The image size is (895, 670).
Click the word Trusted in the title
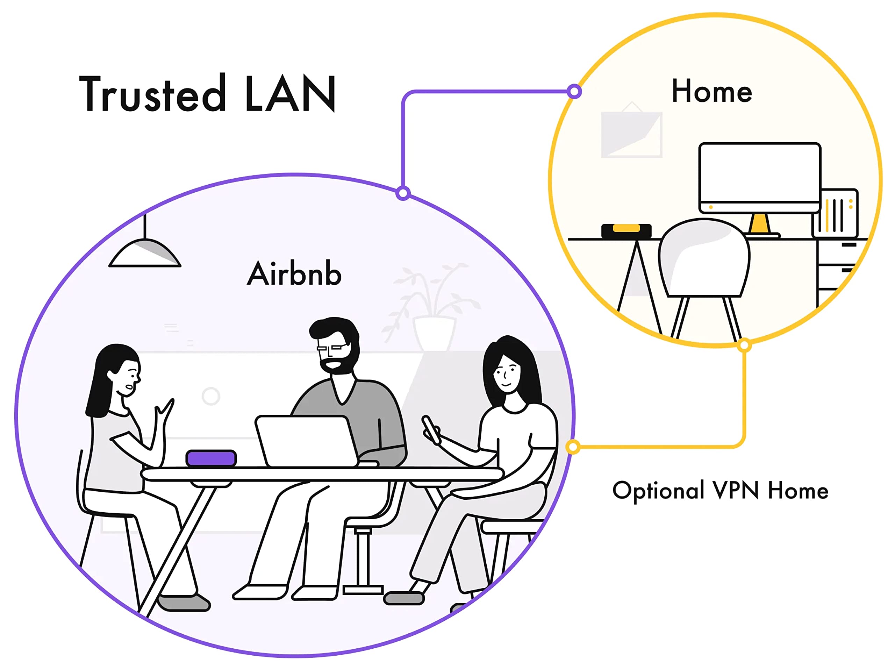tap(152, 94)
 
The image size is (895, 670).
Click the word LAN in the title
tap(290, 94)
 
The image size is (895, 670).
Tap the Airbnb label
tap(294, 274)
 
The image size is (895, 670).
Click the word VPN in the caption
tap(735, 490)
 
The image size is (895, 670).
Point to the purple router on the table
tap(211, 458)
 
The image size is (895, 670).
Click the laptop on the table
tap(306, 441)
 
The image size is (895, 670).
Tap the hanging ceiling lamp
tap(145, 253)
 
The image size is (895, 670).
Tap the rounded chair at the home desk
tap(704, 259)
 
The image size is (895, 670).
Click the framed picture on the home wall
tap(631, 134)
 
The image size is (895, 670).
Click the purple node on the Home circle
tap(574, 91)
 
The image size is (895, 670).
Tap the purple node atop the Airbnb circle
tap(403, 193)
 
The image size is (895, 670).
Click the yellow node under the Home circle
tap(744, 345)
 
